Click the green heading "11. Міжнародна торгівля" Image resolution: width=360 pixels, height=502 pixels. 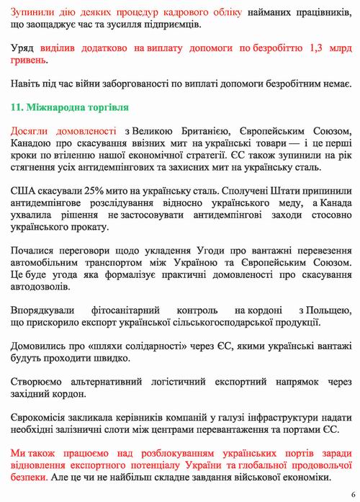(70, 107)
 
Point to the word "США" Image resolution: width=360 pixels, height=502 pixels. (23, 192)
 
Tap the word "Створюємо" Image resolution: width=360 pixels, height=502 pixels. (39, 380)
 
